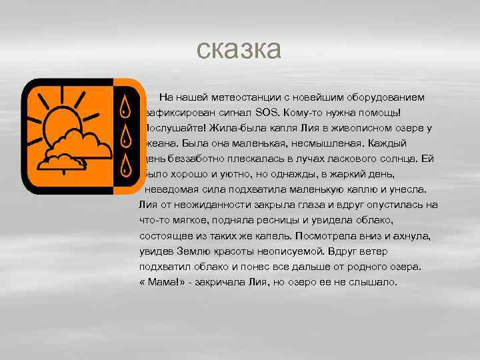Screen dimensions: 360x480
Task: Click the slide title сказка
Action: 240,49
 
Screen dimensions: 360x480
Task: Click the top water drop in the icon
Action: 125,107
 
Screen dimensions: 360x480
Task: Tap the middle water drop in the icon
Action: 125,136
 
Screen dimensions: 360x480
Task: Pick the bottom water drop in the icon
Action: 125,165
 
